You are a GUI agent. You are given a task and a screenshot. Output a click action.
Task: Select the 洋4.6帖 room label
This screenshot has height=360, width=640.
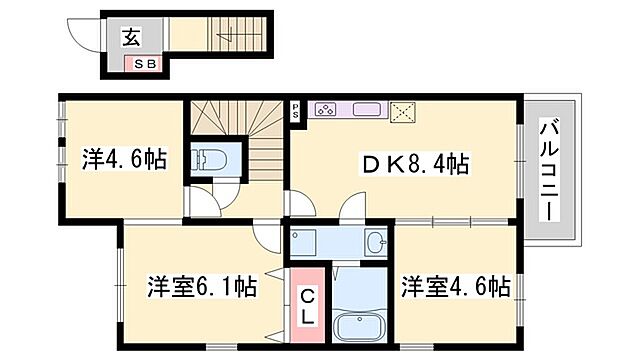[x=123, y=159]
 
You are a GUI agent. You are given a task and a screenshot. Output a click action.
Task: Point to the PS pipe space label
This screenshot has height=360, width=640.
[x=296, y=109]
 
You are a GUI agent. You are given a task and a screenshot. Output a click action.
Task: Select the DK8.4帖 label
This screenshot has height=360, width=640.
[x=405, y=161]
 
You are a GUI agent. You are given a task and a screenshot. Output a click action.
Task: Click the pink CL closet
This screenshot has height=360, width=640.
[x=308, y=299]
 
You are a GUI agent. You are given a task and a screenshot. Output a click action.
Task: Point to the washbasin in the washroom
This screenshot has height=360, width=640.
[x=375, y=242]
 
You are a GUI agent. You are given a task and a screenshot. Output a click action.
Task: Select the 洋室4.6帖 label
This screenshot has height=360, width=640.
[x=456, y=287]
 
